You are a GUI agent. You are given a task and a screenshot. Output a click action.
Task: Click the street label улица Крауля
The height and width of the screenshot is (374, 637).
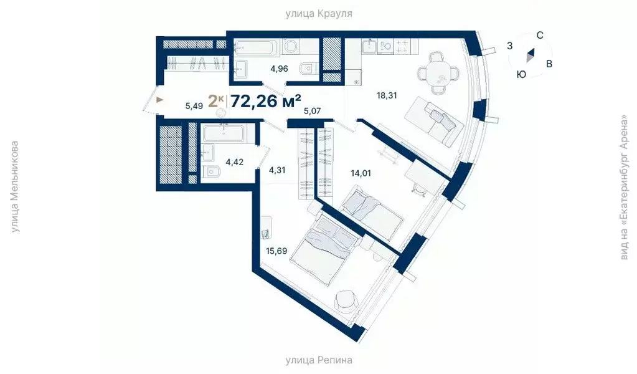(x=318, y=13)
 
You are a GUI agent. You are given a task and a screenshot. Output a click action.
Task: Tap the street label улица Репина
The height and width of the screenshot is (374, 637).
(x=319, y=360)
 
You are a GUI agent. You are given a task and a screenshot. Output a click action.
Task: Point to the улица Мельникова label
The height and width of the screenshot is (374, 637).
(x=16, y=187)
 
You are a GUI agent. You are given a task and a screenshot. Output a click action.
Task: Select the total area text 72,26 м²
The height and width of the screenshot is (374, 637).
(x=266, y=101)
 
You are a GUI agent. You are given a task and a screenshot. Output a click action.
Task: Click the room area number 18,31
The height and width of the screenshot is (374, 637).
(x=386, y=95)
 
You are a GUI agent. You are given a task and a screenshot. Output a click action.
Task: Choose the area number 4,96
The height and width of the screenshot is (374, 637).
(x=278, y=69)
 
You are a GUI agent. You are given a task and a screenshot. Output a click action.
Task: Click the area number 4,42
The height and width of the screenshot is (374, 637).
(x=235, y=163)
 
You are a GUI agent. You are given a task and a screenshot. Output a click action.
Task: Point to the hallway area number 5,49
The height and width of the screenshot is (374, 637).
(x=196, y=106)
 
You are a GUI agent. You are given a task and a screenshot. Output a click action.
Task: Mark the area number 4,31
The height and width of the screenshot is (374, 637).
(x=278, y=168)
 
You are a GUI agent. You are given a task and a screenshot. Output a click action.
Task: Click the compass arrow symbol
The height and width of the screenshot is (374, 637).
(x=530, y=55)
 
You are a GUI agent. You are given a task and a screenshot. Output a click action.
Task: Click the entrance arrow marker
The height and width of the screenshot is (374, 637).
(x=160, y=99)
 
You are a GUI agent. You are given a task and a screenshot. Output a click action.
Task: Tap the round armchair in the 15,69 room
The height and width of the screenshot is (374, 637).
(x=347, y=302)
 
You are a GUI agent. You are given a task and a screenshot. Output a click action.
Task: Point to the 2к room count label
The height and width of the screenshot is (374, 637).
(x=215, y=101)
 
